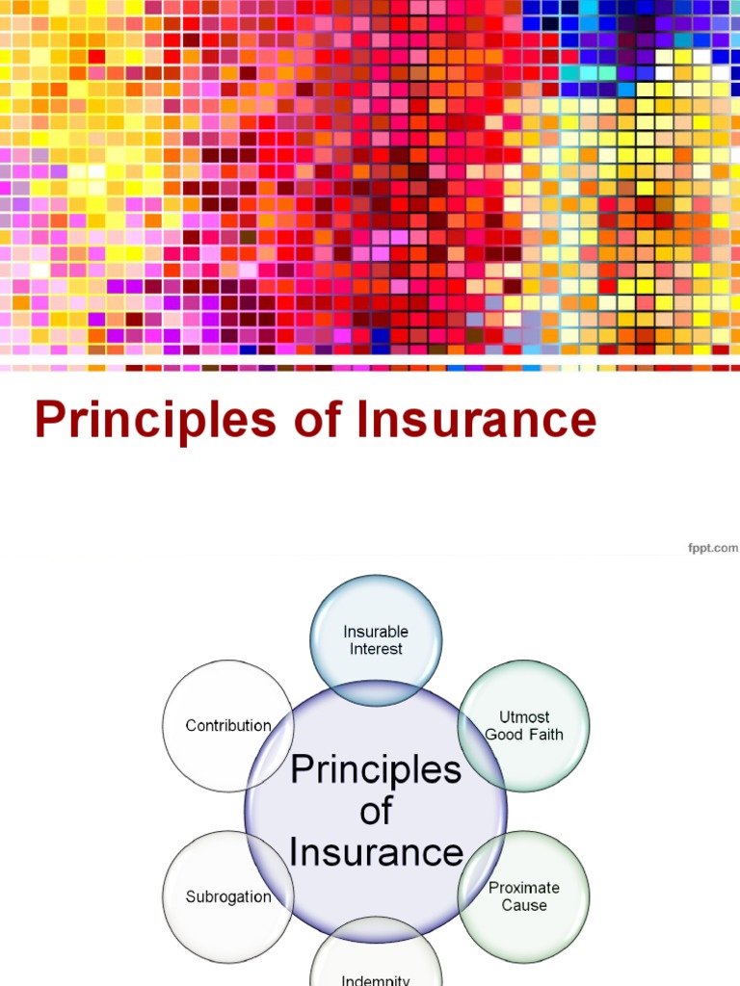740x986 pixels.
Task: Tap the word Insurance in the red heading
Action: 474,422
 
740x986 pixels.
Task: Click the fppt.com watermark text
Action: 712,548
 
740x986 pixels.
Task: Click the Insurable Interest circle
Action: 376,616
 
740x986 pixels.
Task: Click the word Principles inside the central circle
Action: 376,769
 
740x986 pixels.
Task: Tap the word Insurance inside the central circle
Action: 376,852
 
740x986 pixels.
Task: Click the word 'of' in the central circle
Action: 376,811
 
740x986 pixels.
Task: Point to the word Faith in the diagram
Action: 542,735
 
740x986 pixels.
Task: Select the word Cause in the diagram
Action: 524,905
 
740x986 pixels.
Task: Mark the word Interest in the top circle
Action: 376,649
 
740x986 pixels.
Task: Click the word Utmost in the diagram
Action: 524,717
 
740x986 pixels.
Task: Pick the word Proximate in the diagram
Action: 524,888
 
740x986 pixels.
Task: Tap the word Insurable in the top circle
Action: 376,632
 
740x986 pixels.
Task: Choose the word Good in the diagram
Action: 504,735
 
